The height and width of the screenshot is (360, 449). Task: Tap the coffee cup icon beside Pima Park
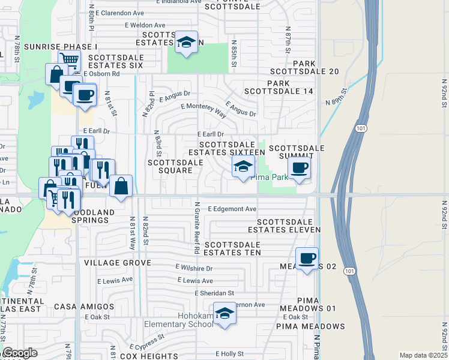[299, 169]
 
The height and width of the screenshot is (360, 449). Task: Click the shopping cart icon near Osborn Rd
[70, 60]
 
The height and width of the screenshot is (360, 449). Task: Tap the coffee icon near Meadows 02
[307, 259]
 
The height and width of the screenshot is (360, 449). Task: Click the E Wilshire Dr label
[194, 267]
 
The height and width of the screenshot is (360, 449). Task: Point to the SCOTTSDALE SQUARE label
[170, 166]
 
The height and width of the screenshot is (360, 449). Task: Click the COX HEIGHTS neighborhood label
[146, 356]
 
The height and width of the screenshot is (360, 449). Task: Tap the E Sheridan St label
[214, 293]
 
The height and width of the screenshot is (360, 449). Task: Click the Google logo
[20, 353]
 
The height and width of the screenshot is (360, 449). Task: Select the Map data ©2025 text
[423, 355]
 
